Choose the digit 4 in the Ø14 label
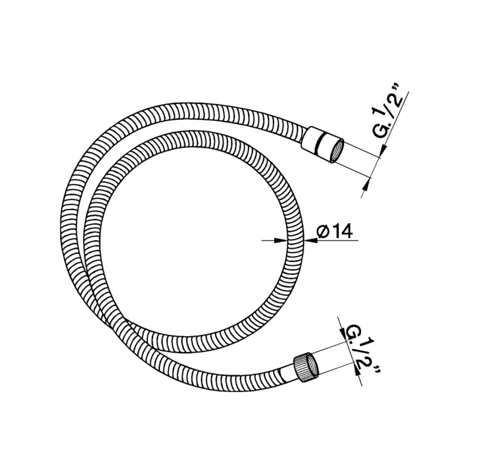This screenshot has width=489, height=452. pyautogui.click(x=347, y=232)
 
